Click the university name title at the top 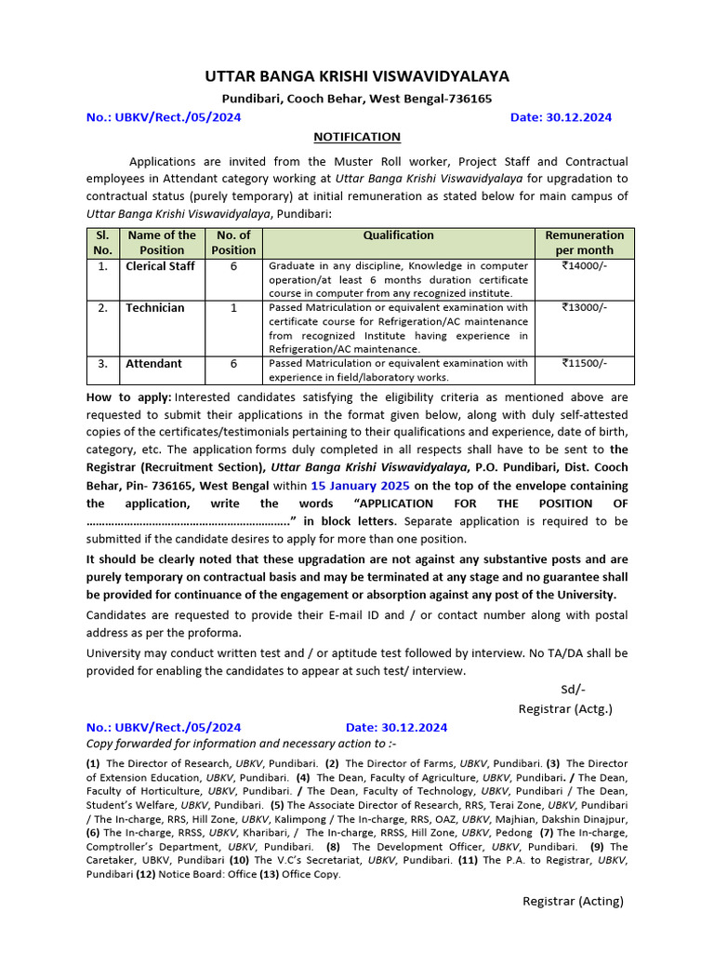click(357, 76)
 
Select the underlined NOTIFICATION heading click(356, 137)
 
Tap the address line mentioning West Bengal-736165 click(356, 99)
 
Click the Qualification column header click(398, 235)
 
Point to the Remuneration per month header click(584, 243)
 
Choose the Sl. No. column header click(102, 243)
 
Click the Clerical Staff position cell click(161, 266)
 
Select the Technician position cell click(155, 308)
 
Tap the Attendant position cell click(154, 364)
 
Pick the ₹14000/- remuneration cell click(584, 266)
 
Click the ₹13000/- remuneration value click(584, 308)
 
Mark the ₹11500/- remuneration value click(584, 364)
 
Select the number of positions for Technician click(233, 308)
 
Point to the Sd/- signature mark click(573, 690)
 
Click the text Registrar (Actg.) click(565, 709)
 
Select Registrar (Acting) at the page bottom click(573, 901)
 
